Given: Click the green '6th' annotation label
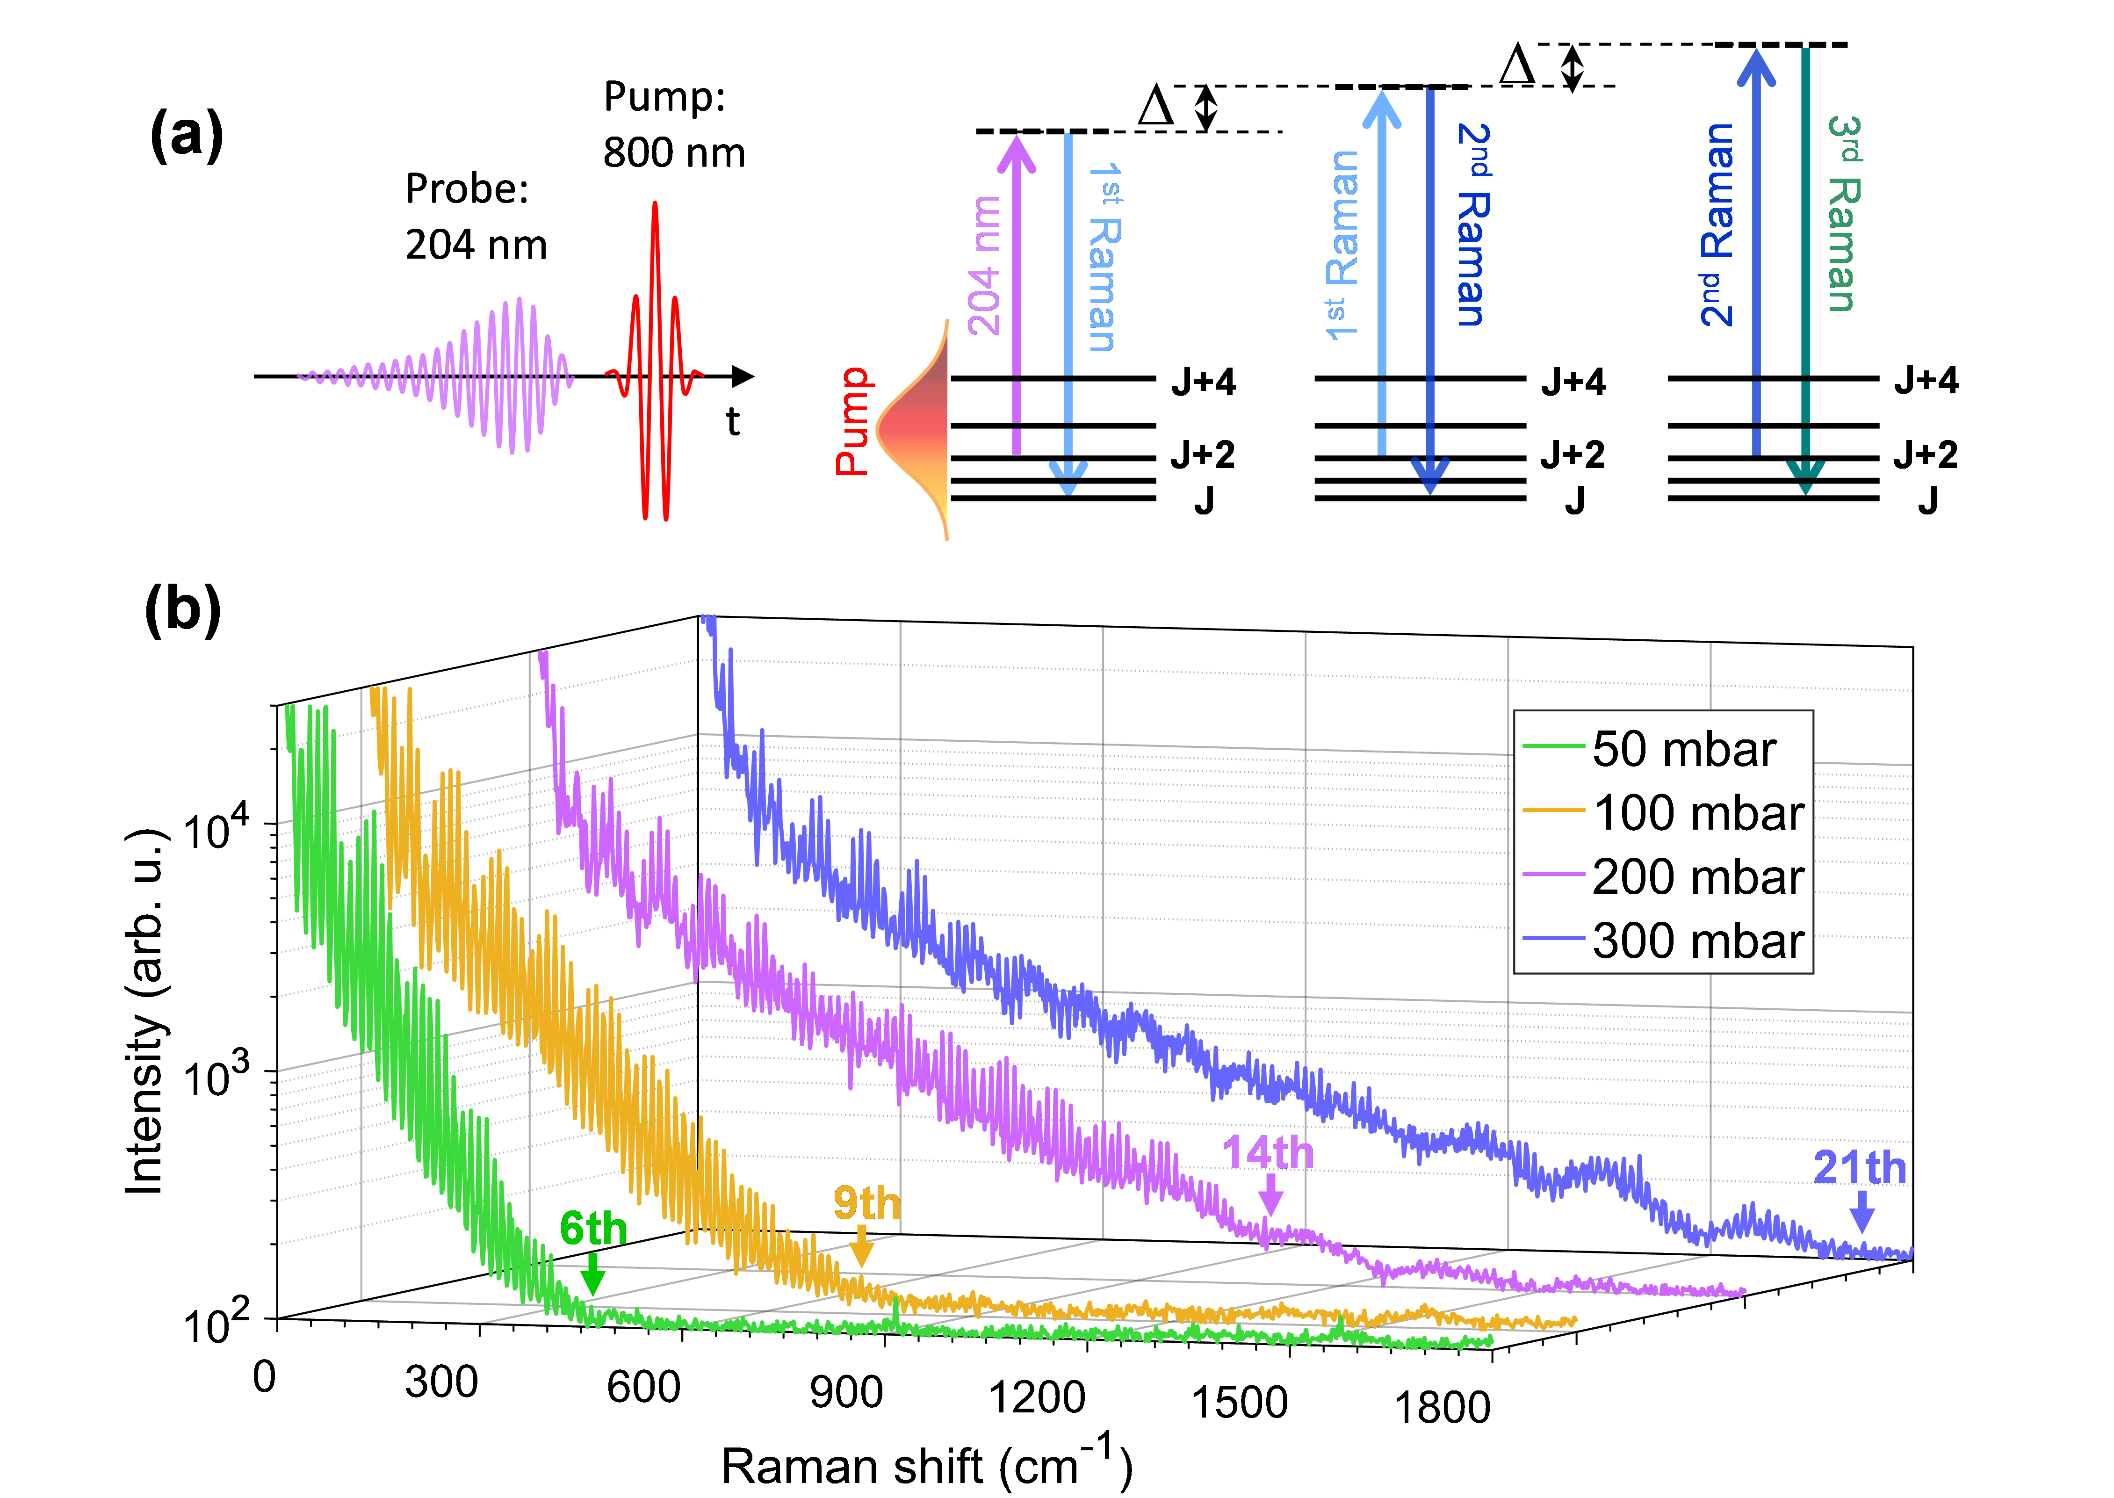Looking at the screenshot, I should coord(593,1228).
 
